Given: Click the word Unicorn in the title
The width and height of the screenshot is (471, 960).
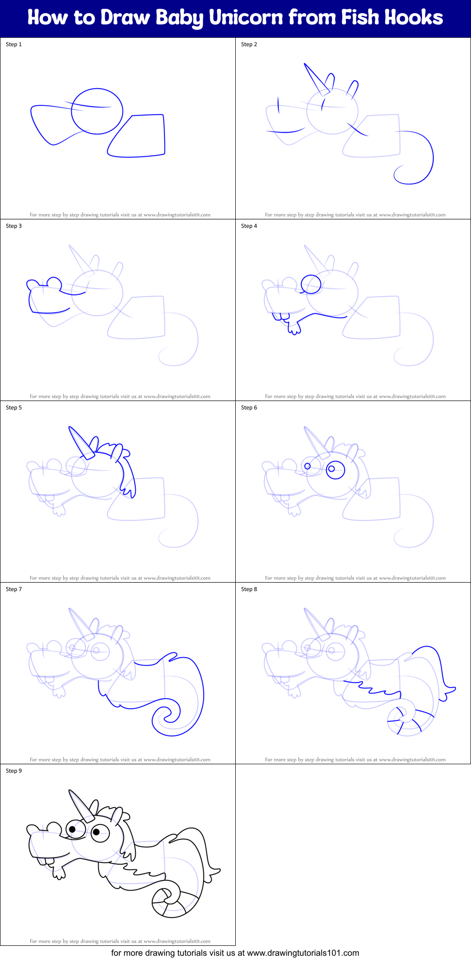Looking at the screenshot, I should click(246, 18).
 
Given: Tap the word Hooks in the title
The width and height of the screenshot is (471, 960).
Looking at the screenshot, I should click(413, 18).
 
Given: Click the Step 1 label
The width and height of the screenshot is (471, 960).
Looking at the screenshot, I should click(14, 44).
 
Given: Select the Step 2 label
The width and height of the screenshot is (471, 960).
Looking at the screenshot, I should click(249, 44).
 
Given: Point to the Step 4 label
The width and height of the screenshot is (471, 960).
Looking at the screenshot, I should click(249, 226).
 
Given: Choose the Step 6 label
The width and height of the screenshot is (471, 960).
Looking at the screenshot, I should click(249, 408).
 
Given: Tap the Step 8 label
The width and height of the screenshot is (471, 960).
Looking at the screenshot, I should click(249, 589).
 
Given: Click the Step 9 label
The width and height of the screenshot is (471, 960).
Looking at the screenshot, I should click(14, 771).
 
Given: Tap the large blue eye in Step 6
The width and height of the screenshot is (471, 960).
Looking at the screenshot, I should click(335, 469).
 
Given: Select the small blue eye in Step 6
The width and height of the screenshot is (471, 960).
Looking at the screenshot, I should click(307, 466).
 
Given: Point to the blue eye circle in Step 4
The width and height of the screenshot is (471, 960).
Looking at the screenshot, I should click(311, 284).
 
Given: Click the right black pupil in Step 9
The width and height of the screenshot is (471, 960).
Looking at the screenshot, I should click(96, 832).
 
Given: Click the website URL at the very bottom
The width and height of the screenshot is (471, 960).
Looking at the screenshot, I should click(303, 953).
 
